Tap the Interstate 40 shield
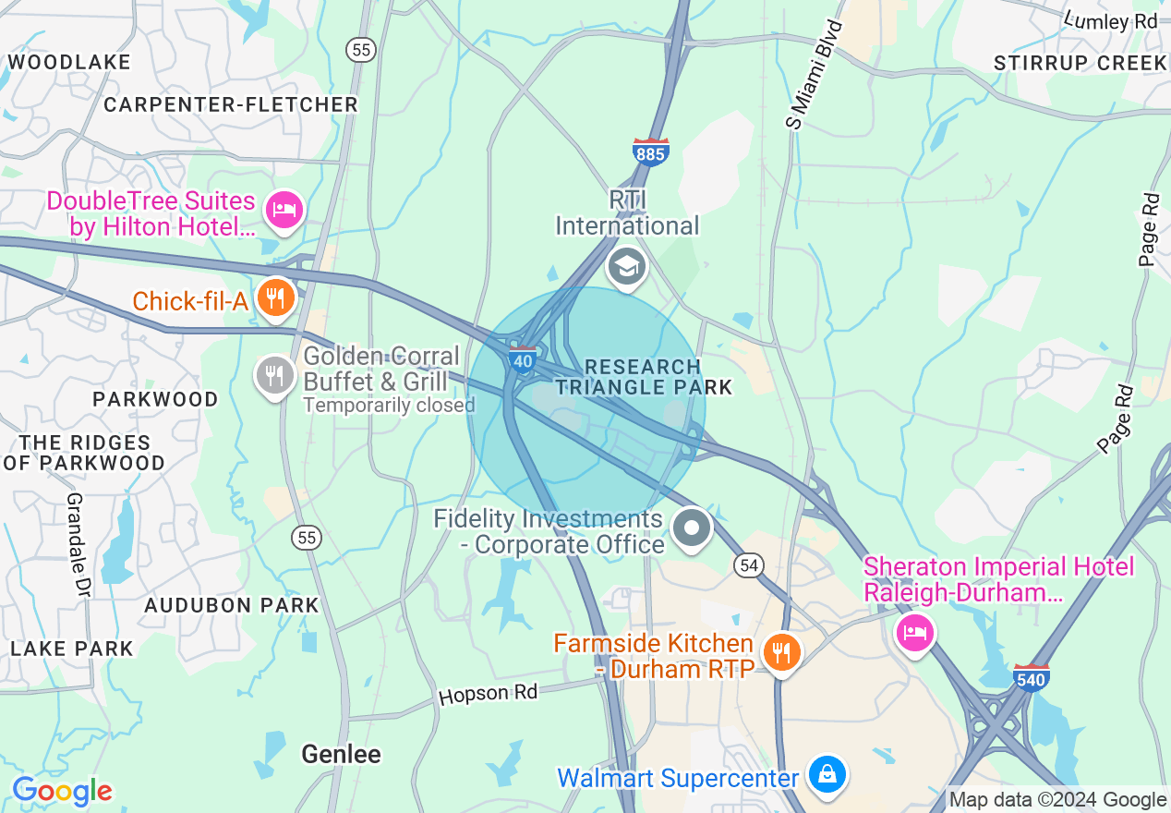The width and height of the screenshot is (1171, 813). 523,359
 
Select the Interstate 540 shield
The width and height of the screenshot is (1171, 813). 1031,679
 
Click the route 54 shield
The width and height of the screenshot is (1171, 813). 750,564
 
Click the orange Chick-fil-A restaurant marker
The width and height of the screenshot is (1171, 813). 274,298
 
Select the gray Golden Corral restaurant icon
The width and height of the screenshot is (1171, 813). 274,376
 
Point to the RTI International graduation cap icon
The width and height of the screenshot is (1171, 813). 627,267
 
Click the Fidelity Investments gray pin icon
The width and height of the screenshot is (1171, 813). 692,529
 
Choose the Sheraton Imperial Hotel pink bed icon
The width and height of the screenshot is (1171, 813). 915,632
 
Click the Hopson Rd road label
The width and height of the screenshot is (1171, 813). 488,694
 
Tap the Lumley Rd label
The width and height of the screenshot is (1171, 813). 1110,20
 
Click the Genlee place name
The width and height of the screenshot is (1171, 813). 341,755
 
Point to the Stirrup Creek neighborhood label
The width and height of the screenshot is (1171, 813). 1080,63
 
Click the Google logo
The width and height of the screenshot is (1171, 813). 62,792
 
